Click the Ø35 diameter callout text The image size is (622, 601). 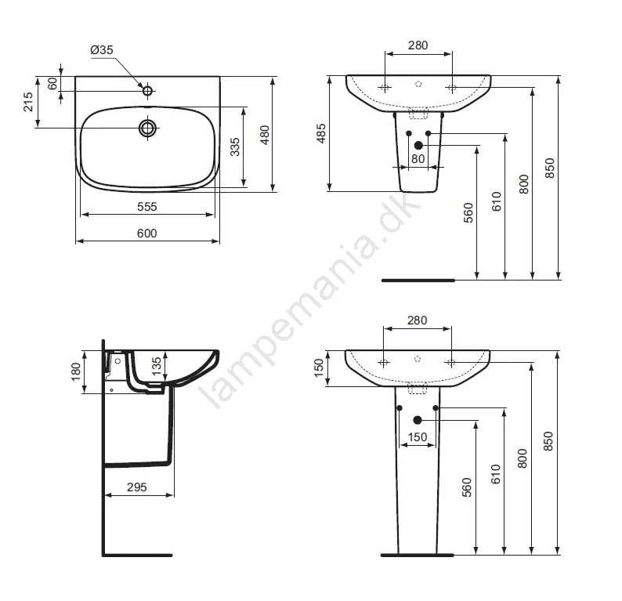(x=102, y=50)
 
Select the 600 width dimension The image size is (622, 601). (x=146, y=234)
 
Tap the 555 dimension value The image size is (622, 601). (x=146, y=207)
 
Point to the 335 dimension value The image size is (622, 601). (x=235, y=147)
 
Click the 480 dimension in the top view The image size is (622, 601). (x=265, y=135)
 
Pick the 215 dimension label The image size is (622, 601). (x=28, y=102)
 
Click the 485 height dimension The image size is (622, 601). (x=321, y=133)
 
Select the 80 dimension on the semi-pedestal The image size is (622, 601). (x=418, y=159)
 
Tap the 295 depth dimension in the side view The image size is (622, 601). (x=137, y=487)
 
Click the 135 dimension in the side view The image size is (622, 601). (x=157, y=366)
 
